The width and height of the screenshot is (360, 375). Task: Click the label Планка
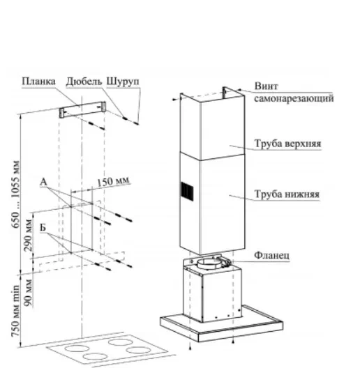pos(38,82)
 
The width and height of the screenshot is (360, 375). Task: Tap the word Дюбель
pos(84,82)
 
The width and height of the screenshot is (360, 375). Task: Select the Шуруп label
pos(123,82)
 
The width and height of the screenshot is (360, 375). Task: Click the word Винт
pos(266,86)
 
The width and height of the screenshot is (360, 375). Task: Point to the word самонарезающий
pos(294,98)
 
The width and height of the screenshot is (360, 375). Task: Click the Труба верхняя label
pos(287,144)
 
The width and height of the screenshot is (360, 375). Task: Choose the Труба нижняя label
pos(287,194)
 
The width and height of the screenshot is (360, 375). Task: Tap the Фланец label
pos(271,255)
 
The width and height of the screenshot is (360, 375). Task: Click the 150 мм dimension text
pos(114,181)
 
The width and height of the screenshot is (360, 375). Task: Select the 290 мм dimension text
pos(28,236)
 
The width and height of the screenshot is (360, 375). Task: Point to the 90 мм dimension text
pos(28,293)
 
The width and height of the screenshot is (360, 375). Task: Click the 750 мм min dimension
pos(15,311)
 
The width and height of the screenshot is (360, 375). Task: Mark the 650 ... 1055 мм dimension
pos(16,194)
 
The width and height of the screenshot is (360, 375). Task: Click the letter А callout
pos(43,182)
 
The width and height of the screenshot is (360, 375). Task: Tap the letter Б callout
pos(43,227)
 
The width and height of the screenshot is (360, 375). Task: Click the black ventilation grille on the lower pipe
pos(187,191)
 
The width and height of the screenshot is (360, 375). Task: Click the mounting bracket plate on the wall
pos(82,109)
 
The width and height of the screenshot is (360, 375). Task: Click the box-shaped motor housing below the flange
pos(212,292)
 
